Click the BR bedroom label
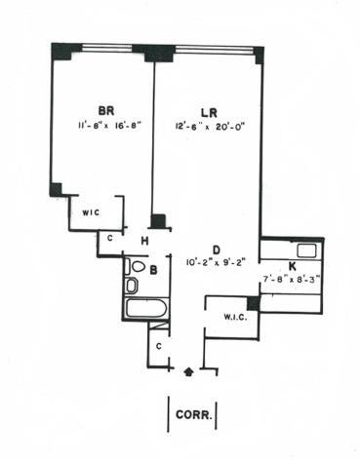coord(106,110)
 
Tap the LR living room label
coord(209,113)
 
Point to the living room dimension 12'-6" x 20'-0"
coord(210,127)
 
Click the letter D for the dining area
coord(217,249)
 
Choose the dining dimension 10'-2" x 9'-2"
coord(217,261)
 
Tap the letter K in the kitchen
coord(293,266)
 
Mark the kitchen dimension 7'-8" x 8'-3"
coord(292,279)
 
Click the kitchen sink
coord(307,250)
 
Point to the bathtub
coord(146,308)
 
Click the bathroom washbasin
coord(132,286)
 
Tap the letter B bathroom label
coord(153,270)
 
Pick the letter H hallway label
coord(144,241)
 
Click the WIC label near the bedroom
coord(91,213)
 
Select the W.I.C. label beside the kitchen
coord(235,317)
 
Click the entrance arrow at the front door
coord(189,371)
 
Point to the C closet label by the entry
coord(159,347)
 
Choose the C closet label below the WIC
coord(110,238)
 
